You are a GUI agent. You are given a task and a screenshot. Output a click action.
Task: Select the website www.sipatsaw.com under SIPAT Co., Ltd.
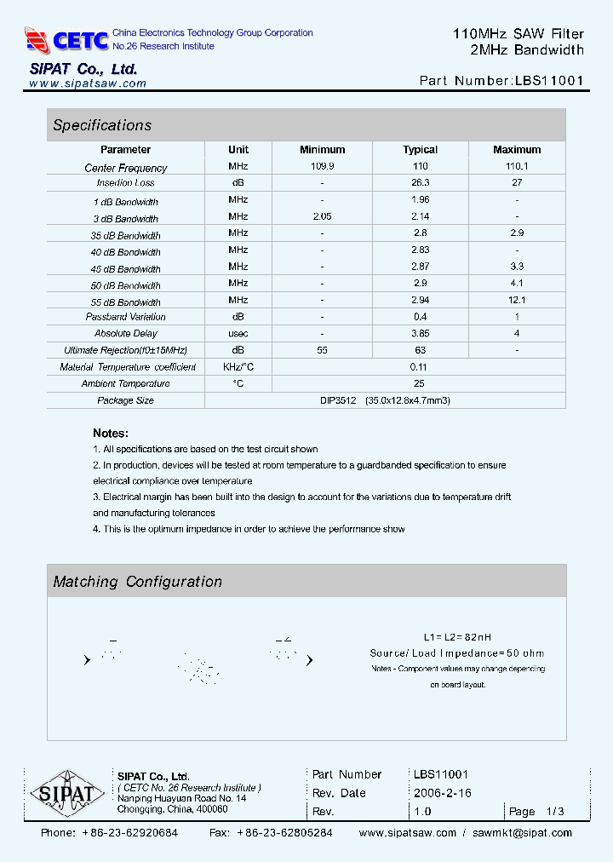pyautogui.click(x=88, y=83)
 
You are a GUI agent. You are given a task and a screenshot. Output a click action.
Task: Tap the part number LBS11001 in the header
pyautogui.click(x=549, y=82)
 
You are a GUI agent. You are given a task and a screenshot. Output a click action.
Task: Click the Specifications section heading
pyautogui.click(x=102, y=125)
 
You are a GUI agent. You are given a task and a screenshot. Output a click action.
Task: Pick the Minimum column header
pyautogui.click(x=322, y=150)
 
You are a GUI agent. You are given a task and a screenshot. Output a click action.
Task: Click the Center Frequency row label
pyautogui.click(x=126, y=168)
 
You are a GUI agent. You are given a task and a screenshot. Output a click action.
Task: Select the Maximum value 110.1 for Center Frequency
pyautogui.click(x=516, y=166)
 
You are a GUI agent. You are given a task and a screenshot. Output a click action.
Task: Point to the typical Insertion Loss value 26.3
pyautogui.click(x=420, y=182)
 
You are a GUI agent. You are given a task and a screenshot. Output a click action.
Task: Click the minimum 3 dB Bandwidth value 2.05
pyautogui.click(x=322, y=216)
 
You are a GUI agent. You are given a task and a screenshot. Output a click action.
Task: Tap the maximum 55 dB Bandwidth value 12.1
pyautogui.click(x=516, y=300)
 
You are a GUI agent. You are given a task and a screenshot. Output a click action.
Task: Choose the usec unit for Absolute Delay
pyautogui.click(x=238, y=333)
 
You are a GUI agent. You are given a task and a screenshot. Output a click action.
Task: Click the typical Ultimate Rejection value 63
pyautogui.click(x=420, y=349)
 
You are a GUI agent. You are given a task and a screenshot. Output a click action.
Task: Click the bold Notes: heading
pyautogui.click(x=111, y=433)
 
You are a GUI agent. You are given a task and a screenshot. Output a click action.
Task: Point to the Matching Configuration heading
pyautogui.click(x=137, y=582)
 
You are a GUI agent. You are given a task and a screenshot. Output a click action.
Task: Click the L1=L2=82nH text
pyautogui.click(x=457, y=637)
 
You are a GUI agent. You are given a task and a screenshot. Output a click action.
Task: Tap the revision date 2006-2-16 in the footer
pyautogui.click(x=442, y=793)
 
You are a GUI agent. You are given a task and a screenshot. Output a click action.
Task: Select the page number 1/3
pyautogui.click(x=553, y=812)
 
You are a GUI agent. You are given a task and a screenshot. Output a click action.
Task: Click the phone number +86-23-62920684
pyautogui.click(x=129, y=832)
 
